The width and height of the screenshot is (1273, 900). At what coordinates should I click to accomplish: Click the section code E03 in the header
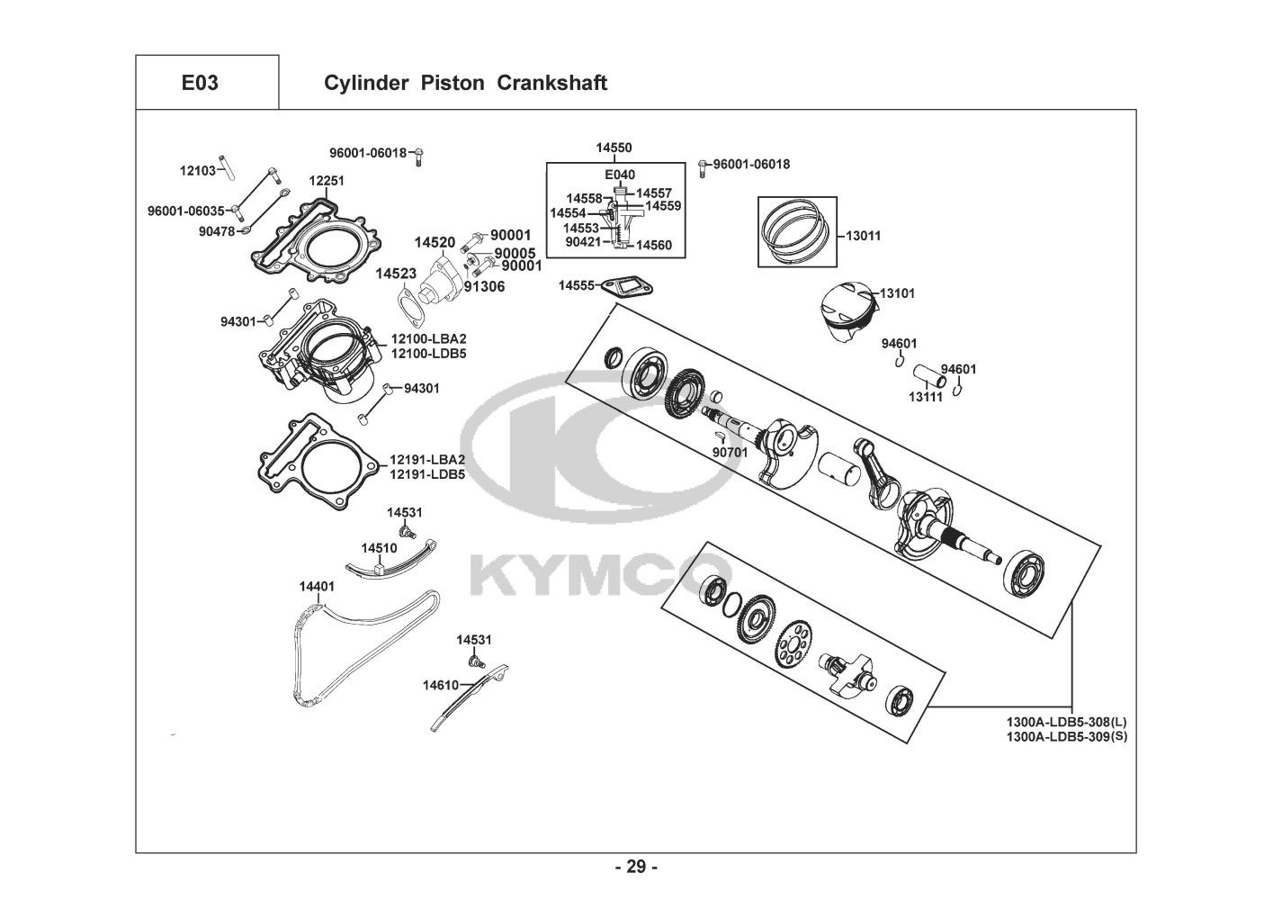tap(200, 83)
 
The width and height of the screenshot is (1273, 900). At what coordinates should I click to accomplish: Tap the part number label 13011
tap(863, 236)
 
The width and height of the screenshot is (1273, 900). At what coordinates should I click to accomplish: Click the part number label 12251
tap(327, 181)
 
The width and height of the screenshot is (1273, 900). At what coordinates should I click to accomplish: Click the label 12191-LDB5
tap(426, 474)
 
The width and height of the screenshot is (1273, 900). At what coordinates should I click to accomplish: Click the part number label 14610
tap(441, 685)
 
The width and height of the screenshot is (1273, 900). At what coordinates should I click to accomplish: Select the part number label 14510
tap(379, 547)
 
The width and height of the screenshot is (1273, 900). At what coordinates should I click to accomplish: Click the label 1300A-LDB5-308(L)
tap(1065, 722)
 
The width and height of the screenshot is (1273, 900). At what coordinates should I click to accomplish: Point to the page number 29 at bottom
tap(636, 868)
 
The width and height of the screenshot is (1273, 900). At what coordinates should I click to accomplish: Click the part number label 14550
tap(614, 148)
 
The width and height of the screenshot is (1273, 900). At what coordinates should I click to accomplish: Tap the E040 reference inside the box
tap(619, 175)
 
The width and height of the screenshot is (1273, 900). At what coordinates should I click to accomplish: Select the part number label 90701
tap(730, 452)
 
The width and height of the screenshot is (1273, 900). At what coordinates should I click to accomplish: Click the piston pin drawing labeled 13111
tap(927, 373)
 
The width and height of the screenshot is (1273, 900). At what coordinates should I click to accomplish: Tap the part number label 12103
tap(198, 170)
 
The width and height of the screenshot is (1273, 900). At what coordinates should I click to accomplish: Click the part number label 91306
tap(484, 286)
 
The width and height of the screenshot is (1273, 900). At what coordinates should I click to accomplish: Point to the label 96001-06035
tap(185, 211)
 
